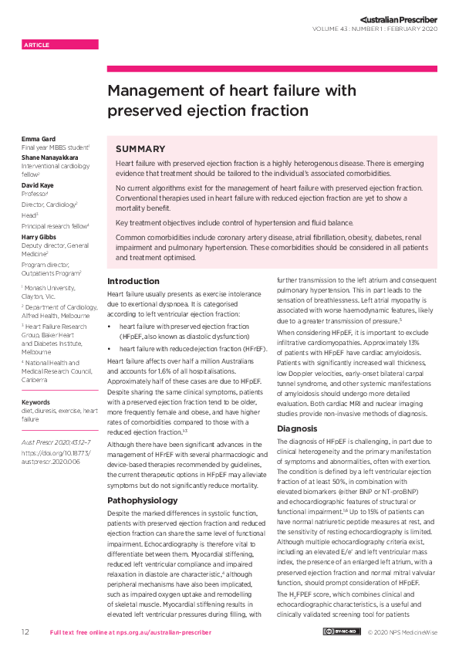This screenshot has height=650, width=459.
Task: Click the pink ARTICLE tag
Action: (60, 45)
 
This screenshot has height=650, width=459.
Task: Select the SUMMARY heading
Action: (140, 149)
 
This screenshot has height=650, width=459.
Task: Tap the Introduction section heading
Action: (133, 281)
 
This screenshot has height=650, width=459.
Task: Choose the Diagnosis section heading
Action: (297, 428)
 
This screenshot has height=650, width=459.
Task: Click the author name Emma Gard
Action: (38, 139)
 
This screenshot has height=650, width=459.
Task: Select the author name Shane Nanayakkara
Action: (55, 155)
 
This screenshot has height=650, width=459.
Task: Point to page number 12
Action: (25, 632)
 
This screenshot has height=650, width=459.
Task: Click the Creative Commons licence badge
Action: (341, 632)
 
